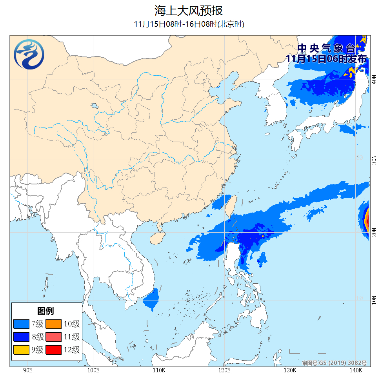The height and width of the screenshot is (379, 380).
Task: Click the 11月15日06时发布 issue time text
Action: coord(326,59)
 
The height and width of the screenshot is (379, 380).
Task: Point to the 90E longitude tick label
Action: coord(27,370)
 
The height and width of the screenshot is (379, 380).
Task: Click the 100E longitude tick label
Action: coord(93,370)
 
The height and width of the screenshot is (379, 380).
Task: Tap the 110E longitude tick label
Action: coord(158,370)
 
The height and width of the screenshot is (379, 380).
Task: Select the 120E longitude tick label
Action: coord(224,370)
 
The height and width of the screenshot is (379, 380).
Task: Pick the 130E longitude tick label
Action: coord(289,370)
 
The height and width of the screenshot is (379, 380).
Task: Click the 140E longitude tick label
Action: coord(355,370)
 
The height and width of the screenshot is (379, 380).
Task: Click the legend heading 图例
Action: coord(45,311)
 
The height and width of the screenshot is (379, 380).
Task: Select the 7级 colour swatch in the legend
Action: coord(21,324)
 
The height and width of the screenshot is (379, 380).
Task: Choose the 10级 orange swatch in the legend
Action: coord(54,324)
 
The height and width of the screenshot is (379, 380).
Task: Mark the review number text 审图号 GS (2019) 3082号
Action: coord(334,363)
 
